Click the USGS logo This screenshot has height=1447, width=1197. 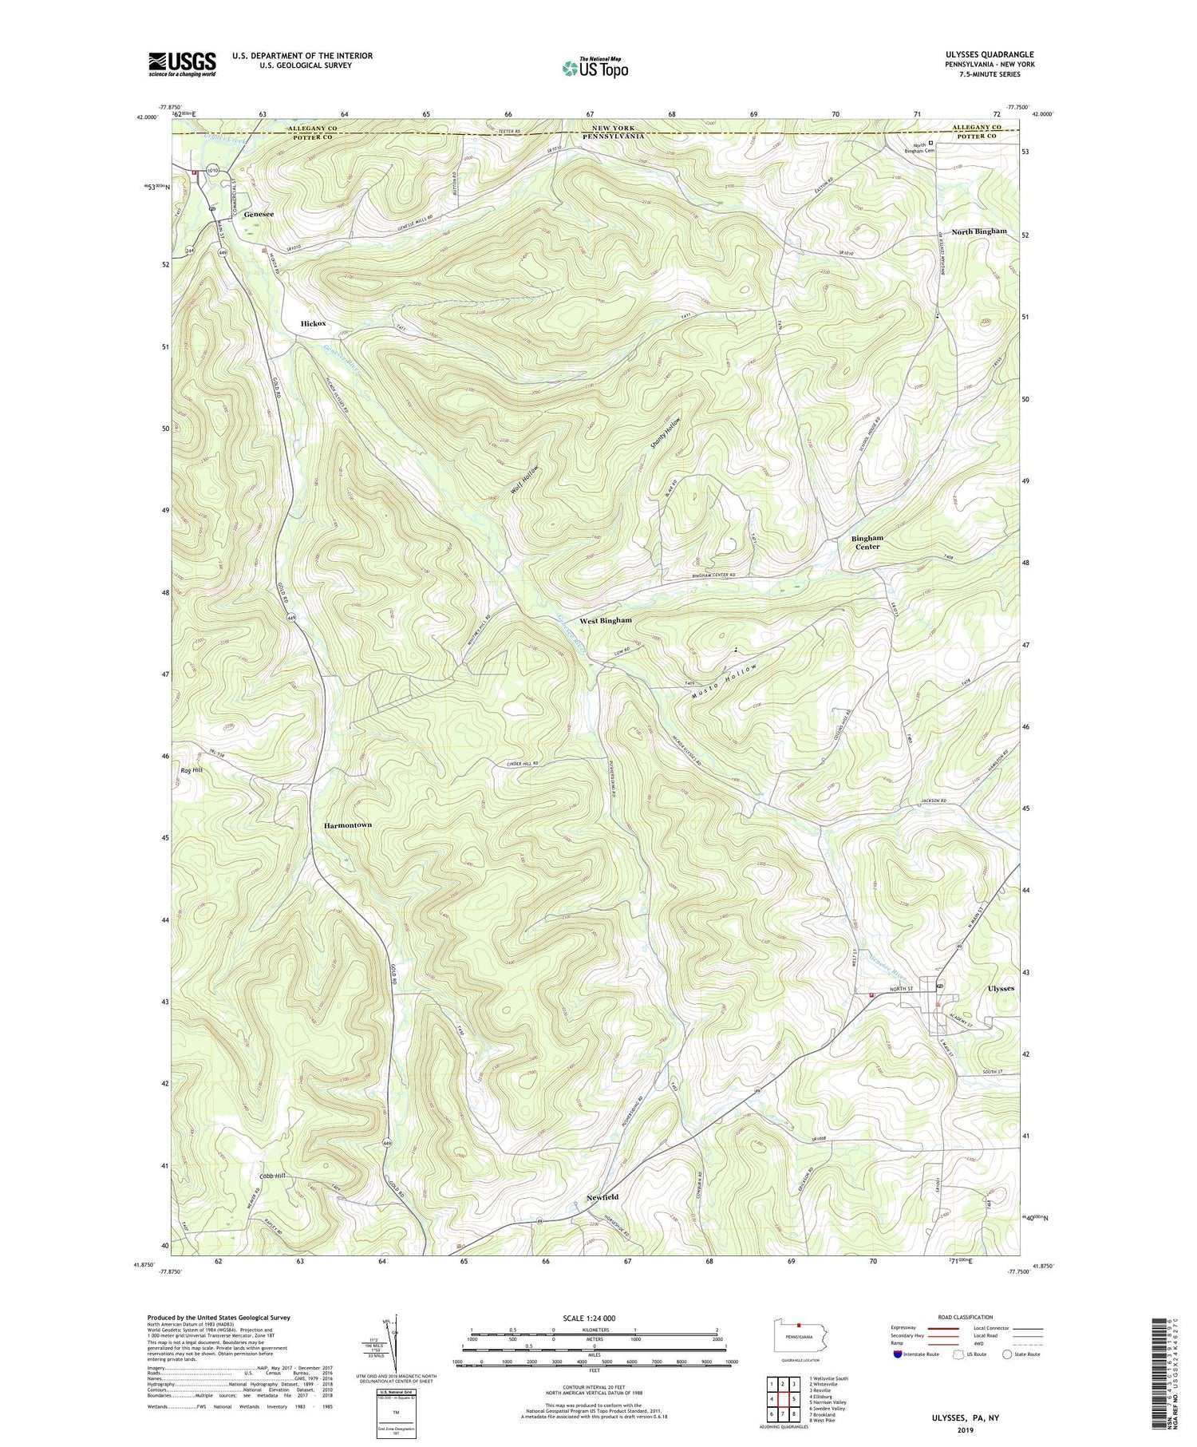[182, 64]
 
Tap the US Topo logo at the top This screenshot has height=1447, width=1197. [595, 68]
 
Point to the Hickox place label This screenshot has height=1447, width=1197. [313, 323]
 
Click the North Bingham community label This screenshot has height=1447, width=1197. [978, 231]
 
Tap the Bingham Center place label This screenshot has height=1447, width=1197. [867, 542]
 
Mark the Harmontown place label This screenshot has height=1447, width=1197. [347, 824]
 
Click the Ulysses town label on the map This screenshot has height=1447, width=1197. [1001, 988]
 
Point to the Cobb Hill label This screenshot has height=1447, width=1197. [271, 1176]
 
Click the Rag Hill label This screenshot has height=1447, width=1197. [192, 770]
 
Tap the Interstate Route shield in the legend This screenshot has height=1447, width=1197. [897, 1354]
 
